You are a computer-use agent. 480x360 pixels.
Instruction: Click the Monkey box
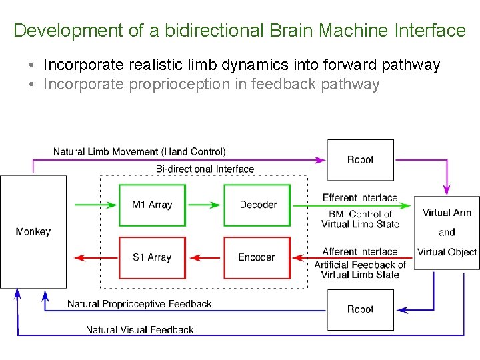coord(33,231)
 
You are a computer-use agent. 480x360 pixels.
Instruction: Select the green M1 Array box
coord(152,205)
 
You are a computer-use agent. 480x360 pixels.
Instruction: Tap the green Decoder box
coord(257,205)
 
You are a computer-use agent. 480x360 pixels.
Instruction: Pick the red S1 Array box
coord(152,257)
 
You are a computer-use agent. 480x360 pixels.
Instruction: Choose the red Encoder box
coord(257,257)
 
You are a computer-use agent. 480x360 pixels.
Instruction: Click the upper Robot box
coord(360,159)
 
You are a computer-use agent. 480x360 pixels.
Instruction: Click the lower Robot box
coord(360,309)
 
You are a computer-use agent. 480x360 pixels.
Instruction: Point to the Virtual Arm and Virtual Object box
coord(447,232)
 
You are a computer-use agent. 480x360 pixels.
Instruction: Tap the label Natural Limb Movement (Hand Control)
coord(139,152)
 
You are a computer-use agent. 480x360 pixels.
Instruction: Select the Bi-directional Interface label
coord(205,169)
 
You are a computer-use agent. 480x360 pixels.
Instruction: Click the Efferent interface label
coord(359,197)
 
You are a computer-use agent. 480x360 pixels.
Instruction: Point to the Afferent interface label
coord(359,251)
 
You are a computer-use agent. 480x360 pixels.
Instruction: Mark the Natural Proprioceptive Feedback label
coord(139,304)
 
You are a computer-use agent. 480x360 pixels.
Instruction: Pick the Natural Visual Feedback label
coord(139,329)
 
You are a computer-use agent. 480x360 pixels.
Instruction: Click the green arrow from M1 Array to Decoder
coord(204,205)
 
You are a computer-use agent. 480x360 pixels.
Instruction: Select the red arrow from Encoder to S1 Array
coord(204,257)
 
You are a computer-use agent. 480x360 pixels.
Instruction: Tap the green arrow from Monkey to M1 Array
coord(93,205)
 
